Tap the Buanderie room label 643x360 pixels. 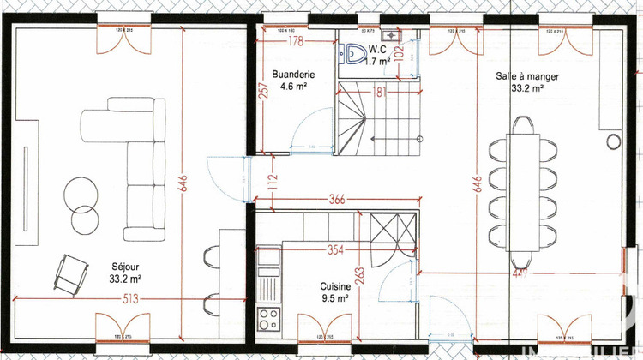click(294, 75)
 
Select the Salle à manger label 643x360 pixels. click(527, 76)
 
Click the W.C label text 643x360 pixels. click(377, 50)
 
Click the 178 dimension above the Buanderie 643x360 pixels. click(296, 41)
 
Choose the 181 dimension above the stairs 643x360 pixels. click(378, 92)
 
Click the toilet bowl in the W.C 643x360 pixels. click(352, 55)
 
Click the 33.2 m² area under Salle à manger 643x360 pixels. click(527, 87)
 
